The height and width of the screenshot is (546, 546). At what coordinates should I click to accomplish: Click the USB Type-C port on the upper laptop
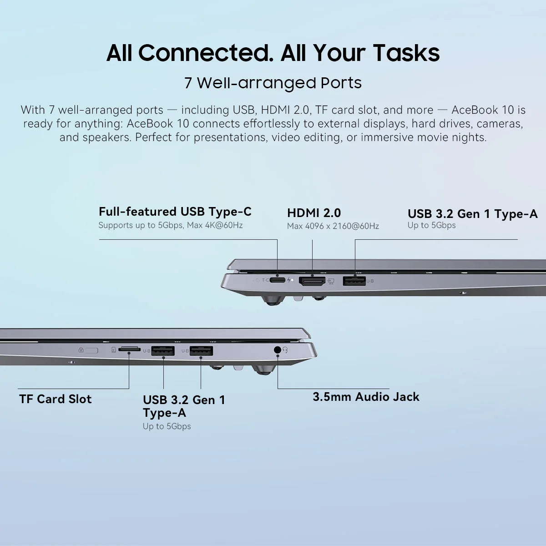[x=277, y=280]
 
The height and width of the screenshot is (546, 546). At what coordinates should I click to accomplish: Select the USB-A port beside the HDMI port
[x=354, y=281]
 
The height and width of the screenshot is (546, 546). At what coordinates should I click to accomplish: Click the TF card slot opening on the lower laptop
[x=129, y=349]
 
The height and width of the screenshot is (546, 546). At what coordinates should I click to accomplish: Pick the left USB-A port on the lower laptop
[x=163, y=351]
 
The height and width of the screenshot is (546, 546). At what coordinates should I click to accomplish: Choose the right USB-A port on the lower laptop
[x=201, y=351]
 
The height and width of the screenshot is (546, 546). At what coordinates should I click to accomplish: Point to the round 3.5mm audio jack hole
[x=277, y=350]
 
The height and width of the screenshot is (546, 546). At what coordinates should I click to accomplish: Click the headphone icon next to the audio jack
[x=285, y=350]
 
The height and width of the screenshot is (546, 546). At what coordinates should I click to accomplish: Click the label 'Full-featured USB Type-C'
[x=175, y=212]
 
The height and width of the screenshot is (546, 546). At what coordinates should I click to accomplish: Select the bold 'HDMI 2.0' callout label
[x=314, y=213]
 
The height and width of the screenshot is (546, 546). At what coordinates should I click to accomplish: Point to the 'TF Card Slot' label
[x=56, y=399]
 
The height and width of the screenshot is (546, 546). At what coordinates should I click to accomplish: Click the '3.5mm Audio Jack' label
[x=366, y=397]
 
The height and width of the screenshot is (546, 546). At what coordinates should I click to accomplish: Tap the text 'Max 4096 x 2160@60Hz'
[x=333, y=226]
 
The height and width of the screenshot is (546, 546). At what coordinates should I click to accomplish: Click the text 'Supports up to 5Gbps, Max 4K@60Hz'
[x=170, y=225]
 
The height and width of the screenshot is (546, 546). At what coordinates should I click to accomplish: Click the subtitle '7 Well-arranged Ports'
[x=273, y=83]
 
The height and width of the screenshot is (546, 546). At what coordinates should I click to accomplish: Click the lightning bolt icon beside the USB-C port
[x=289, y=280]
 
